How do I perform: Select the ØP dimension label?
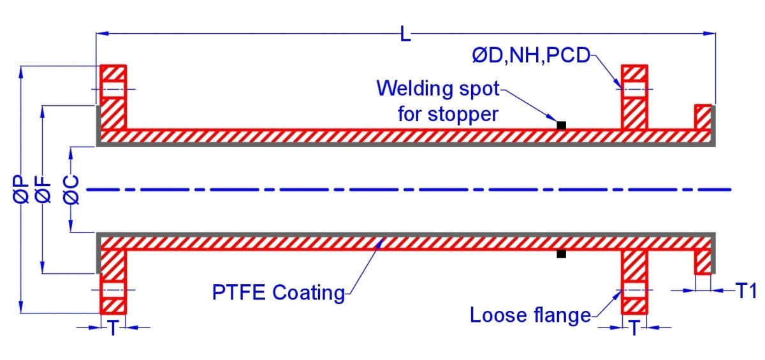tap(20, 190)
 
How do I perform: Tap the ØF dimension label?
tap(43, 190)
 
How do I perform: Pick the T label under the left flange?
tap(113, 328)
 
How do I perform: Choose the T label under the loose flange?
tap(635, 328)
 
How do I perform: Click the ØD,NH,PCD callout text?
tap(530, 55)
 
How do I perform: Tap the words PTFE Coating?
tap(278, 292)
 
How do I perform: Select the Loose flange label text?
tap(530, 315)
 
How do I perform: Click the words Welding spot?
tap(438, 88)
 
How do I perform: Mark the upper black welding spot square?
tap(561, 125)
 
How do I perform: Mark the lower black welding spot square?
tap(561, 254)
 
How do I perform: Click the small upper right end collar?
tap(703, 117)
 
